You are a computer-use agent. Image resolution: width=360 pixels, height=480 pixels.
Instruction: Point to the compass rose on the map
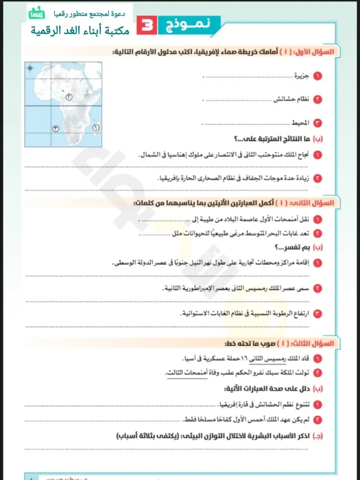click(30, 68)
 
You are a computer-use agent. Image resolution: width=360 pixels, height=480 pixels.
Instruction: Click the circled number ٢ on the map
click(70, 97)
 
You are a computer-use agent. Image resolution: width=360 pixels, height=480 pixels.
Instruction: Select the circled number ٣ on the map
click(56, 128)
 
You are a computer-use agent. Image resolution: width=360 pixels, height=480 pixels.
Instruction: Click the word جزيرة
click(303, 76)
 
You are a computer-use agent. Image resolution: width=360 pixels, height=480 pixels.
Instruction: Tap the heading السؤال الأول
click(319, 51)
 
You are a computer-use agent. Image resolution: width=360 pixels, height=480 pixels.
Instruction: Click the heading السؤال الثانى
click(318, 203)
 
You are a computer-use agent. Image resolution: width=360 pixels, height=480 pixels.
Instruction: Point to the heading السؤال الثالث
click(318, 344)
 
